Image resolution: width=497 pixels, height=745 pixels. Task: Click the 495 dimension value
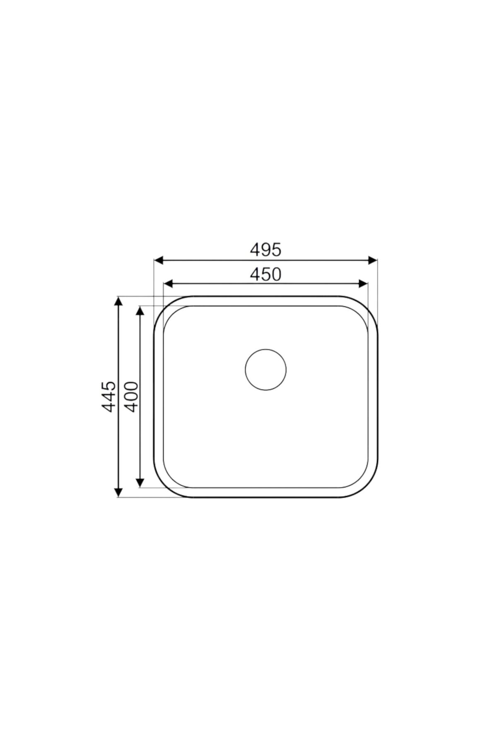tap(265, 249)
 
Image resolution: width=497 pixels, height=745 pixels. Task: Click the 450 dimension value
tap(265, 274)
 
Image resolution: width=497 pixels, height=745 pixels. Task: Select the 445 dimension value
tap(109, 397)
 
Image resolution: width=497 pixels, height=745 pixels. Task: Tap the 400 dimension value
tap(132, 397)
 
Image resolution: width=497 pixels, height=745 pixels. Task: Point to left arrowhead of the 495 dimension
tap(158, 260)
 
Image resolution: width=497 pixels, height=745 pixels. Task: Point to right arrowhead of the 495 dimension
tap(373, 260)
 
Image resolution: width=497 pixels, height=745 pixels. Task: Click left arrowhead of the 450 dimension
tap(168, 284)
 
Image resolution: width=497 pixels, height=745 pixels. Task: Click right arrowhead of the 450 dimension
tap(363, 284)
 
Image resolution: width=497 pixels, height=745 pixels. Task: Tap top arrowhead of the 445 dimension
tap(118, 301)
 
